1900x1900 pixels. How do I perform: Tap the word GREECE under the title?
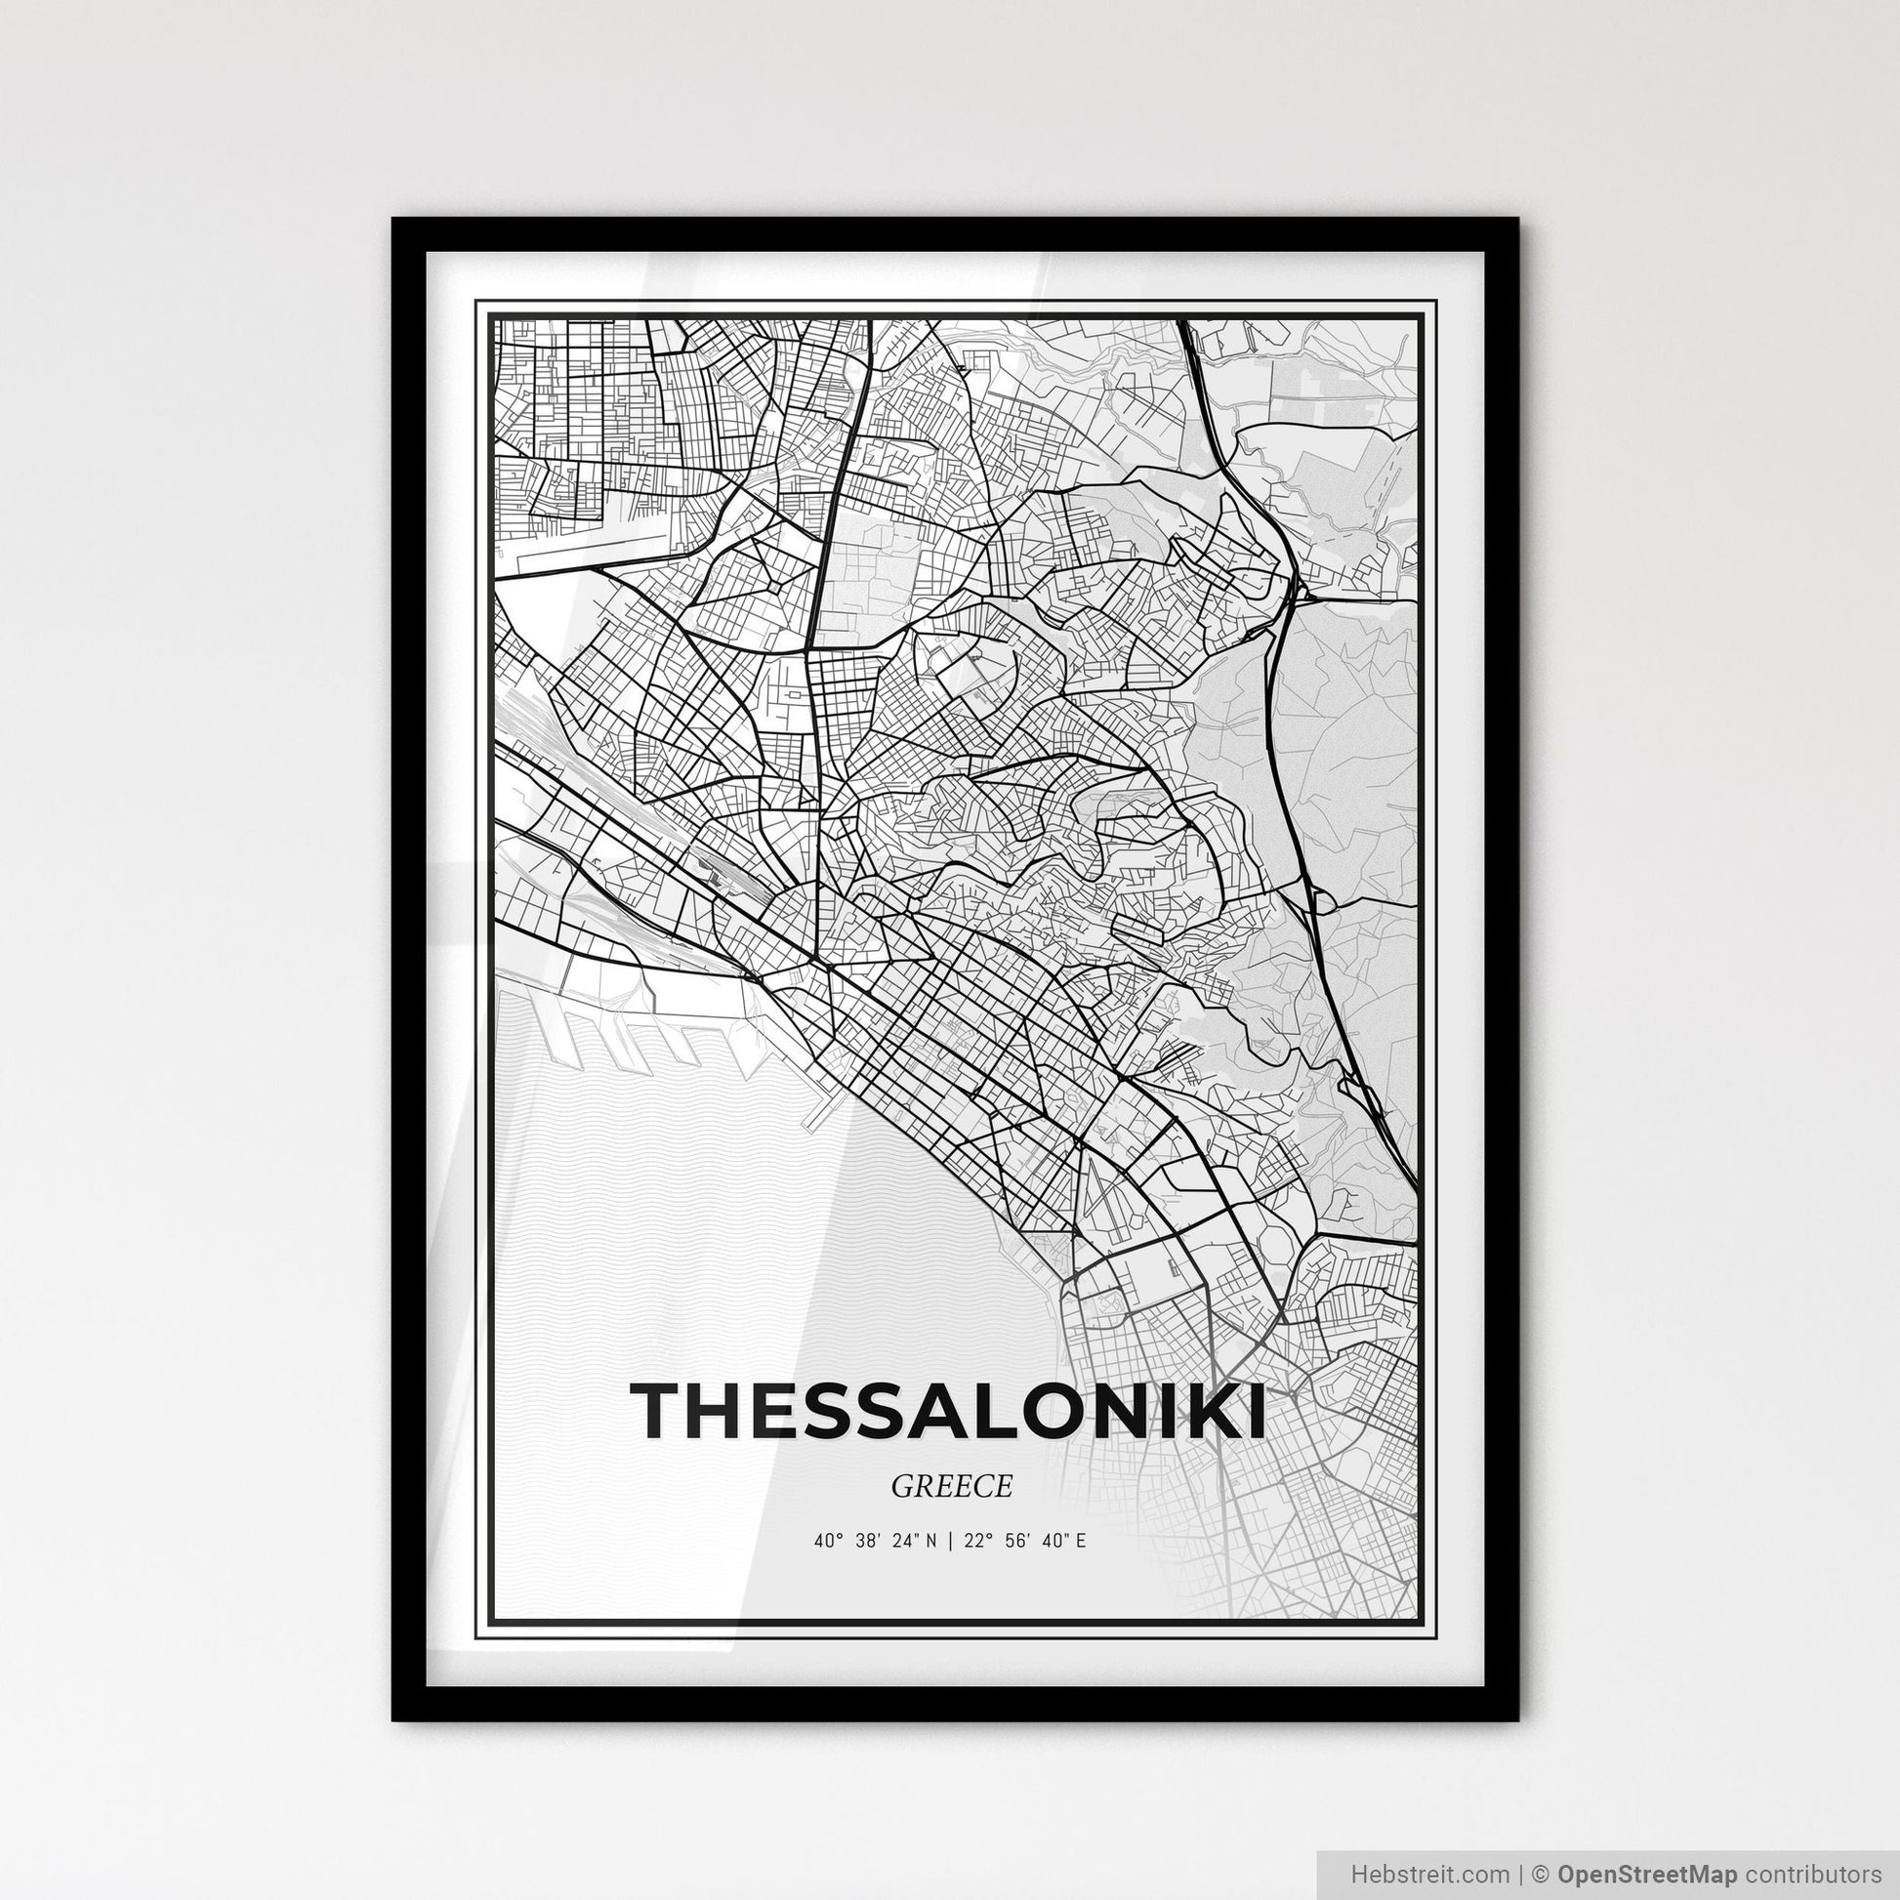(951, 1486)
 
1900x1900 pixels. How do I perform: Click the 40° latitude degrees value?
(829, 1541)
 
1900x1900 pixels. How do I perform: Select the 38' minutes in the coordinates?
(868, 1541)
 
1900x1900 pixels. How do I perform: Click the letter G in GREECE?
(900, 1487)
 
